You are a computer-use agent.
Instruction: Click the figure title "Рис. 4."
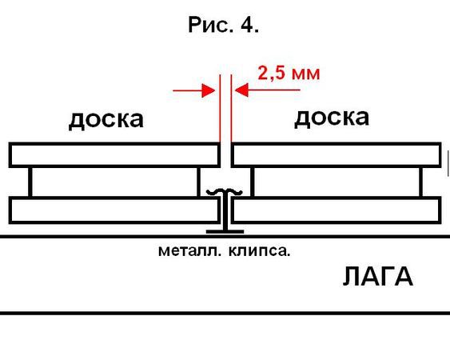(x=223, y=25)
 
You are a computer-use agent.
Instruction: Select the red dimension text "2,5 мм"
(x=289, y=74)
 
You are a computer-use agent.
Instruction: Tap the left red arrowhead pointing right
(x=209, y=90)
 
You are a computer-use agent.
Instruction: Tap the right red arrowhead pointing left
(x=241, y=90)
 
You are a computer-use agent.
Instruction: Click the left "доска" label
(x=106, y=120)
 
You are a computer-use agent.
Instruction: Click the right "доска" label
(x=332, y=118)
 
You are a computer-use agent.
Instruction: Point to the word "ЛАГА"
(x=378, y=276)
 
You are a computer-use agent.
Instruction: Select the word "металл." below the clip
(x=189, y=251)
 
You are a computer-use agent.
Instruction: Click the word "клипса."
(x=260, y=251)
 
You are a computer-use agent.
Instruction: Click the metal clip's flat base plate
(x=225, y=231)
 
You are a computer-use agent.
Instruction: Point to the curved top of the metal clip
(x=225, y=191)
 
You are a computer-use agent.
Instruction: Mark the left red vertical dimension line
(x=220, y=108)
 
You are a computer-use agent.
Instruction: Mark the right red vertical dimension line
(x=231, y=108)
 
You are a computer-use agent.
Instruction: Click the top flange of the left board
(x=114, y=155)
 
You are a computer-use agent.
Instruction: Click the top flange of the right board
(x=336, y=155)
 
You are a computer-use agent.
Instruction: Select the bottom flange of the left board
(x=114, y=210)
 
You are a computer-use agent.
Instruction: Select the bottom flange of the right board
(x=336, y=210)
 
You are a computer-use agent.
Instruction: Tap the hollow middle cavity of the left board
(x=114, y=182)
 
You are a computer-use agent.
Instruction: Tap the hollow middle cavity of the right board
(x=337, y=182)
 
